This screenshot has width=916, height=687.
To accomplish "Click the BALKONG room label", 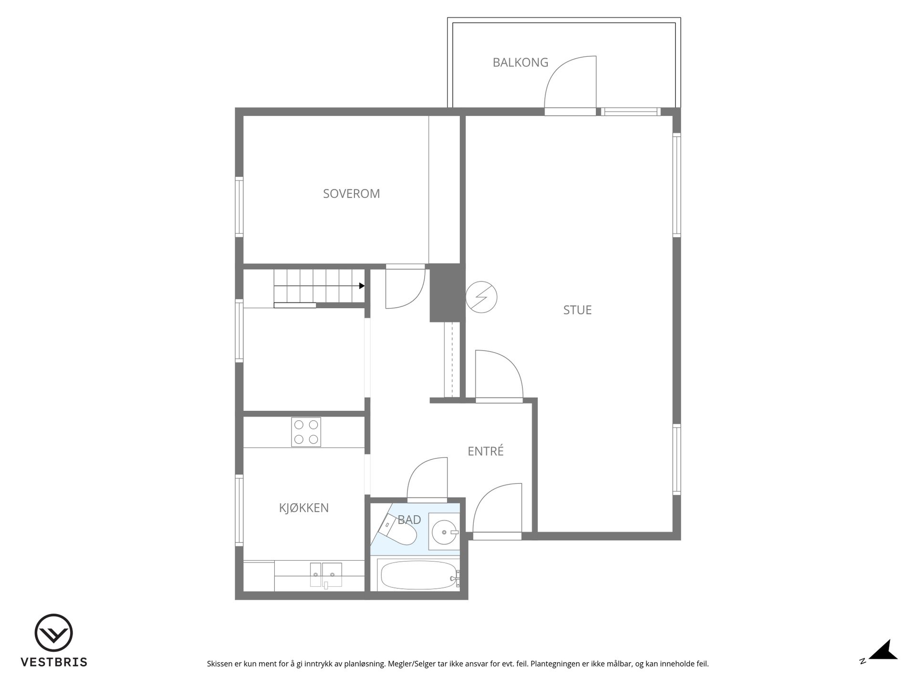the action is click(x=520, y=62).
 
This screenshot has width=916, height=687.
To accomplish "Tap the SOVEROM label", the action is click(x=352, y=194).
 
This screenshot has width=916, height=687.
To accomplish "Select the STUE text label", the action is click(x=577, y=310).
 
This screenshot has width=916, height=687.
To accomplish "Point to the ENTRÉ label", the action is click(x=486, y=451).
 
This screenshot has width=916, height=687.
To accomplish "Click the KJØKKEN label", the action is click(x=304, y=508).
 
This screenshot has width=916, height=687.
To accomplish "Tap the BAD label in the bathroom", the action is click(x=409, y=520).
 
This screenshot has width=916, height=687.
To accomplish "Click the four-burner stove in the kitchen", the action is click(x=306, y=432).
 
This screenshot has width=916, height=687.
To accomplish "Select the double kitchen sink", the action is click(x=326, y=574).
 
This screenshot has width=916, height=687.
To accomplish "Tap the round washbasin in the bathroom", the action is click(x=445, y=531).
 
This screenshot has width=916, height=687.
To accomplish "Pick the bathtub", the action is click(x=419, y=575).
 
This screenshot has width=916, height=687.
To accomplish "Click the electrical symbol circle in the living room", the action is click(x=481, y=297).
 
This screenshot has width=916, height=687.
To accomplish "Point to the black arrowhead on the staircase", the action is click(x=362, y=286).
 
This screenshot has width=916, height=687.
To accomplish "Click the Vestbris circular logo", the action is click(x=53, y=633).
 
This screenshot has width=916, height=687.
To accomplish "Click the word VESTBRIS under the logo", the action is click(x=54, y=662).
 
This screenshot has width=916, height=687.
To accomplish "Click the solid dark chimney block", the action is click(x=447, y=293).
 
